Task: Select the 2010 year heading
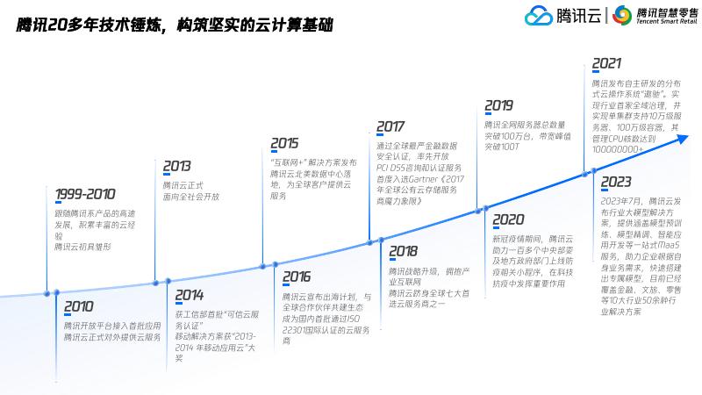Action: click(x=78, y=306)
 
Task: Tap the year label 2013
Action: click(x=176, y=166)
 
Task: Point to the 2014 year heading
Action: click(x=189, y=295)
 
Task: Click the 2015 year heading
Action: click(x=284, y=142)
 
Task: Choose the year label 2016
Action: click(x=297, y=277)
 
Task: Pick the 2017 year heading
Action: click(x=390, y=126)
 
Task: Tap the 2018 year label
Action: click(x=403, y=251)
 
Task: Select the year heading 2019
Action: click(x=498, y=105)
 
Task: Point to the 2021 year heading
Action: click(x=606, y=63)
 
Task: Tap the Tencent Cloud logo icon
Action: click(x=539, y=16)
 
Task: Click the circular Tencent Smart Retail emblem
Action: click(x=622, y=16)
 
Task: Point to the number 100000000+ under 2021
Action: click(x=618, y=150)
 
